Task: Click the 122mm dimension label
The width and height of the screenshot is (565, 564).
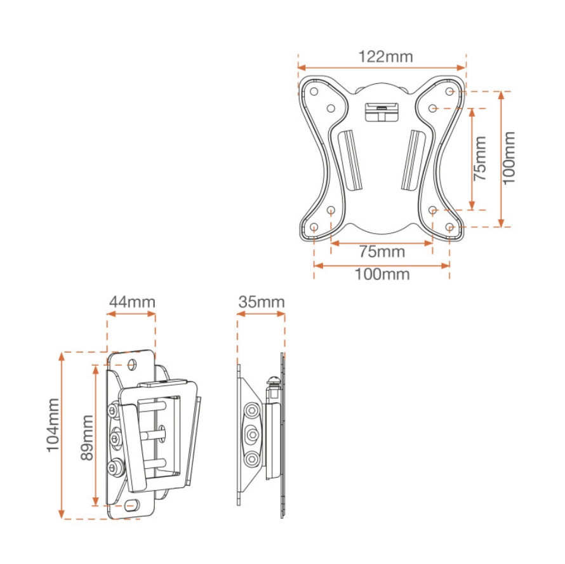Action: point(385,57)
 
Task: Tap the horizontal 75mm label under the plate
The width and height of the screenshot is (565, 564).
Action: point(382,252)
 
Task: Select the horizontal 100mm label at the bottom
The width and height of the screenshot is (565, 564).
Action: point(382,274)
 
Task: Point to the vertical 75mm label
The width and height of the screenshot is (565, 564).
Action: point(479,158)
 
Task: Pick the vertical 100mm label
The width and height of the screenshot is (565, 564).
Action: point(508,158)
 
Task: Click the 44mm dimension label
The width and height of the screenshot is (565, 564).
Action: point(132,302)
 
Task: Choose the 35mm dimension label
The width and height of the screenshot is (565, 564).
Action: point(262,302)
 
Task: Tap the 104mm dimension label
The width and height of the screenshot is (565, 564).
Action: point(53,425)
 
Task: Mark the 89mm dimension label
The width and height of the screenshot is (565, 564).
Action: point(87,438)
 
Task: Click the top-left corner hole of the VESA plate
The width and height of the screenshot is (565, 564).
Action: point(314,91)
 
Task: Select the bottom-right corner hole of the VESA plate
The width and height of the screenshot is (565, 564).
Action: point(449,227)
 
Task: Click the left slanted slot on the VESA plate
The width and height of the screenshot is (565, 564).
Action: point(350,159)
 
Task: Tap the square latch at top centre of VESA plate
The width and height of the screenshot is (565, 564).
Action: point(382,112)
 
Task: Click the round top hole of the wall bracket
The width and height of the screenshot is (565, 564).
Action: point(133,365)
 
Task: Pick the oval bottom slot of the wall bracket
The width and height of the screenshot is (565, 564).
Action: point(131,505)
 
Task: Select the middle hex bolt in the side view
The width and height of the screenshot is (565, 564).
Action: point(251,435)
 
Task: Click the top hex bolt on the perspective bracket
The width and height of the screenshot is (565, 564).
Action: point(113,411)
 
